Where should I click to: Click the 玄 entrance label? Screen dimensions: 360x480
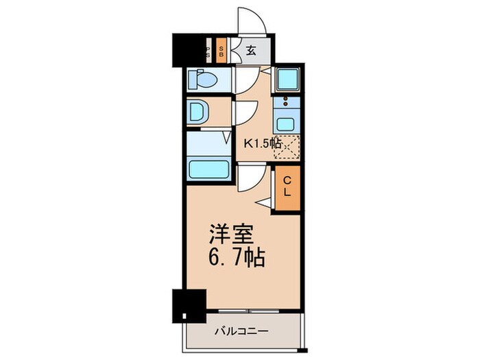click(x=251, y=50)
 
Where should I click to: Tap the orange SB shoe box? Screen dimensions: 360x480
click(x=221, y=51)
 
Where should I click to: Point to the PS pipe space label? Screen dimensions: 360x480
click(x=208, y=51)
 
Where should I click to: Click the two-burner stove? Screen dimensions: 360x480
click(x=283, y=104)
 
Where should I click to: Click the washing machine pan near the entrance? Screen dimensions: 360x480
click(x=287, y=80)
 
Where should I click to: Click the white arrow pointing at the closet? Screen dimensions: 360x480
click(x=264, y=201)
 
